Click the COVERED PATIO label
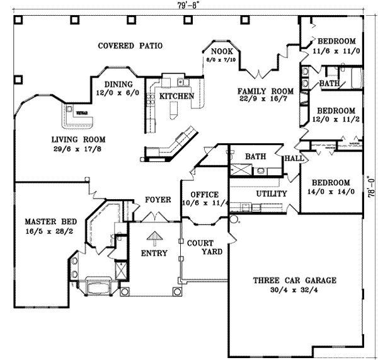[131, 46]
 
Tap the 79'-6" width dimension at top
[188, 5]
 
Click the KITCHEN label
[176, 96]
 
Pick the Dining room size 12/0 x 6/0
[118, 93]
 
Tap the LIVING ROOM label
[79, 140]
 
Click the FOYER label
[159, 200]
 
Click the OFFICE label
[200, 194]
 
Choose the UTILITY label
[272, 194]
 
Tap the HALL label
[294, 158]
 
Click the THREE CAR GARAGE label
[295, 281]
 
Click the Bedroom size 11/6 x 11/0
[336, 53]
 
